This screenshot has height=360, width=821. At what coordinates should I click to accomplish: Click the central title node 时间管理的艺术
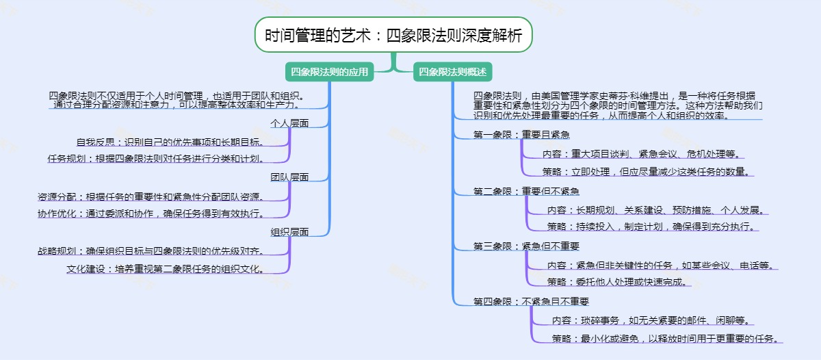pos(393,36)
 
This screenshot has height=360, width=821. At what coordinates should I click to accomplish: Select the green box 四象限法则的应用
pos(330,72)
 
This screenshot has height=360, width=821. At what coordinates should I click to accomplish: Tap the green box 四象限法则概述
pos(452,72)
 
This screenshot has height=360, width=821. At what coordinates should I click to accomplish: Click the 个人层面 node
pos(289,124)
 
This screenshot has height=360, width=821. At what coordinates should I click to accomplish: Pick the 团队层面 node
pos(289,177)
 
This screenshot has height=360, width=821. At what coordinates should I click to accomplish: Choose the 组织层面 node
pos(289,232)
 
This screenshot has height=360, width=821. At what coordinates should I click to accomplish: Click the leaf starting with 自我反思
pos(170,142)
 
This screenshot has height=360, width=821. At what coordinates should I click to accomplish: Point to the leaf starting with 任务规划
pos(156,159)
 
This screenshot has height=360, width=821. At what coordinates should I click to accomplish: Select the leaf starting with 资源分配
pos(151,196)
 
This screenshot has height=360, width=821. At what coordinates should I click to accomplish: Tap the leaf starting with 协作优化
pos(151,213)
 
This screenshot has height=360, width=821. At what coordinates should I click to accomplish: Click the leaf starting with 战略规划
pos(151,251)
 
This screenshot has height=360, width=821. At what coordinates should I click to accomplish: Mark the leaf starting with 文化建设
pos(166,269)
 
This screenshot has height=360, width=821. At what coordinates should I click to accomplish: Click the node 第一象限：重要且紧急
pos(521,135)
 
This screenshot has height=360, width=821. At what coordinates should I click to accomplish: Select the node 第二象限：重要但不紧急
pos(526,191)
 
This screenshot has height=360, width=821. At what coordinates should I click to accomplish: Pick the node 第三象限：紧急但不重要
pos(526,246)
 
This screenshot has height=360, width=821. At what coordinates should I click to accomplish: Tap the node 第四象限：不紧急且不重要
pos(531,301)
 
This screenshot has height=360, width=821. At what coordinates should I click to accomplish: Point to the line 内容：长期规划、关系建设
pos(655,210)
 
